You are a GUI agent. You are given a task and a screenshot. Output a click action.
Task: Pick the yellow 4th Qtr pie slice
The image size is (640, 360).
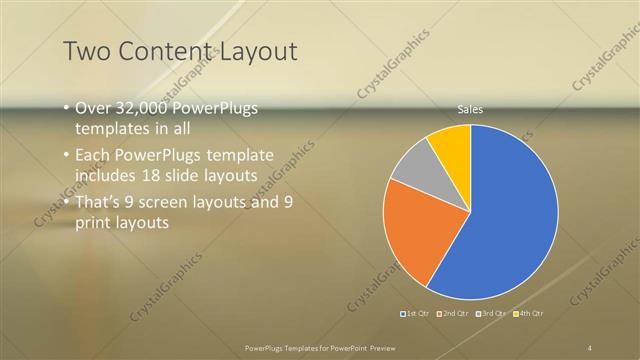(453, 144)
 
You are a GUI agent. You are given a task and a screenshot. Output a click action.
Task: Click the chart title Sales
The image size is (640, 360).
(470, 109)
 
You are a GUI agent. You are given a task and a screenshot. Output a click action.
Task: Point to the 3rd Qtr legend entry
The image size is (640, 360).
(492, 315)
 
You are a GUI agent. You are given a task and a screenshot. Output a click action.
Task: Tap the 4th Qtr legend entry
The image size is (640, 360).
(529, 315)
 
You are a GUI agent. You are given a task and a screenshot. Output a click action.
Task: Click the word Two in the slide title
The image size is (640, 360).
(86, 51)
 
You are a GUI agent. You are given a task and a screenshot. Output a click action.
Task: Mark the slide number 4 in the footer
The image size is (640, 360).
(589, 347)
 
